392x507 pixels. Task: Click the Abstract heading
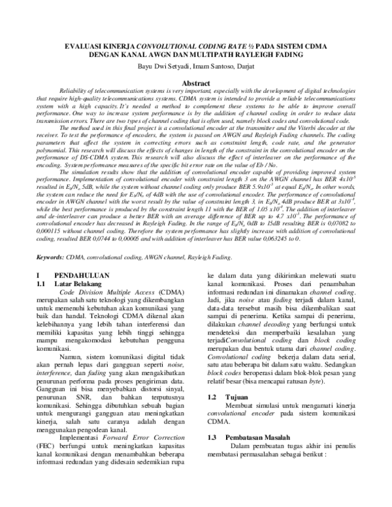(x=195, y=84)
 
